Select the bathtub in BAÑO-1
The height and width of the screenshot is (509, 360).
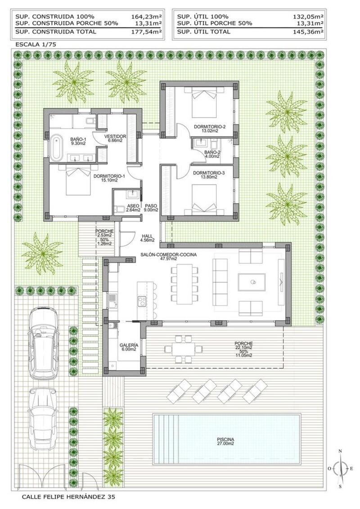click(x=55, y=147)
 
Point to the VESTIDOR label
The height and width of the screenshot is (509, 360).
click(x=115, y=138)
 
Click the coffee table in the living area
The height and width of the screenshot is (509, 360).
click(x=252, y=282)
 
